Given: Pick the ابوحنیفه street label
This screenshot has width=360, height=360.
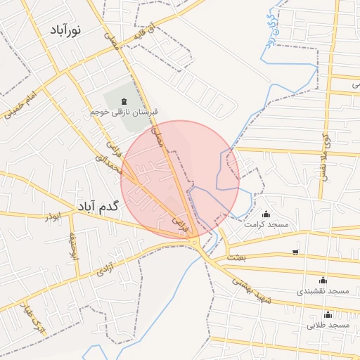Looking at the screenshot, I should pos(72,247).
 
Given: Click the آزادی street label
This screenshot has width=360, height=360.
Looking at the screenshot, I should pos(103,266).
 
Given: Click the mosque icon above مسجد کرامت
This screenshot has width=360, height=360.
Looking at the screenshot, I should pos(266,214).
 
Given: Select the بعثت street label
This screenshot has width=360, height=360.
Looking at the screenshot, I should pos(238,258).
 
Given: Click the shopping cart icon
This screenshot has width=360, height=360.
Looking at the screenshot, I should pos(295,252).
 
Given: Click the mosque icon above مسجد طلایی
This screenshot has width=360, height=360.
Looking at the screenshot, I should pos(328,314).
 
